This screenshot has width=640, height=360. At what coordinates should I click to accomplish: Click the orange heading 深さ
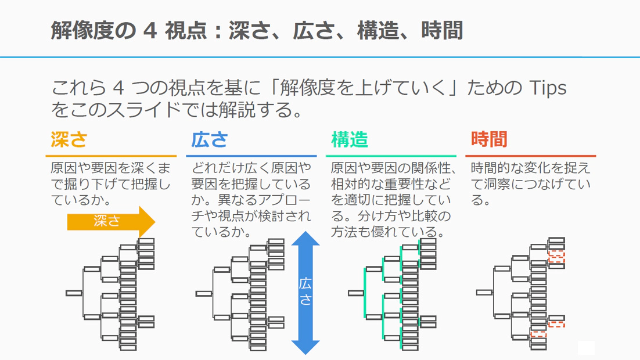click(69, 140)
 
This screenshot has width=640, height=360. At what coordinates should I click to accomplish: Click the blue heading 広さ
click(209, 140)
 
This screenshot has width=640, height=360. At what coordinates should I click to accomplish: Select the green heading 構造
click(350, 140)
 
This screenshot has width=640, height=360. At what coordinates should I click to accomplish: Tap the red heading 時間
click(489, 140)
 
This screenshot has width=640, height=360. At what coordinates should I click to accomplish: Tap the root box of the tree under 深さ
click(74, 293)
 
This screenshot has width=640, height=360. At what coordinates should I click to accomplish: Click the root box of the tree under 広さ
click(204, 294)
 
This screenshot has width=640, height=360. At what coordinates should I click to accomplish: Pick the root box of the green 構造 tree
click(355, 293)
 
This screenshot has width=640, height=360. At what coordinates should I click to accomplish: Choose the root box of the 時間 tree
click(484, 293)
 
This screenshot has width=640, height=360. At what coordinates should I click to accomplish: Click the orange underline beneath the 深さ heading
click(111, 156)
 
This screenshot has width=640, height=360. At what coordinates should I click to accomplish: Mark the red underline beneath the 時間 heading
click(530, 156)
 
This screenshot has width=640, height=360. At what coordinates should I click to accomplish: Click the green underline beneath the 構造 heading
click(391, 156)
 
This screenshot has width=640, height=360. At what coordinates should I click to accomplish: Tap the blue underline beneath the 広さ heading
click(251, 156)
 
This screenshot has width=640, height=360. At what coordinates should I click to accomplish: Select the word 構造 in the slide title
click(378, 30)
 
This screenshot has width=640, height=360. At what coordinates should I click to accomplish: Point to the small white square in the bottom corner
click(586, 347)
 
